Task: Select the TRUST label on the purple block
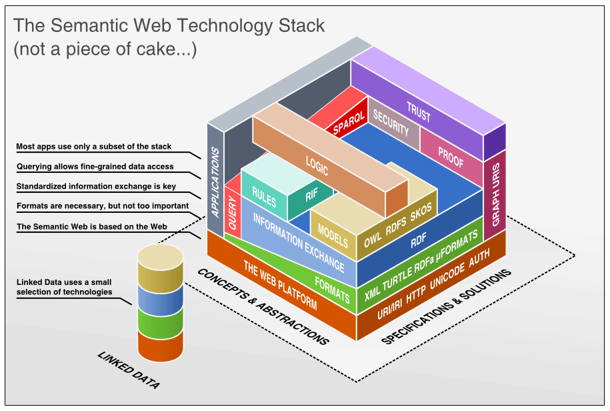(x=419, y=113)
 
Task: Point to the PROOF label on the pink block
(x=451, y=153)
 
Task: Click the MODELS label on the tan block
(x=333, y=232)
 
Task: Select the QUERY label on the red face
(x=232, y=214)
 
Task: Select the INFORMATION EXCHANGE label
(x=299, y=243)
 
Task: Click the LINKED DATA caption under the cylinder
(x=129, y=370)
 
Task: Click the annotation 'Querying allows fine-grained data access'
(x=95, y=167)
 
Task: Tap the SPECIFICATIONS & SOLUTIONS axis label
(x=447, y=307)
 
